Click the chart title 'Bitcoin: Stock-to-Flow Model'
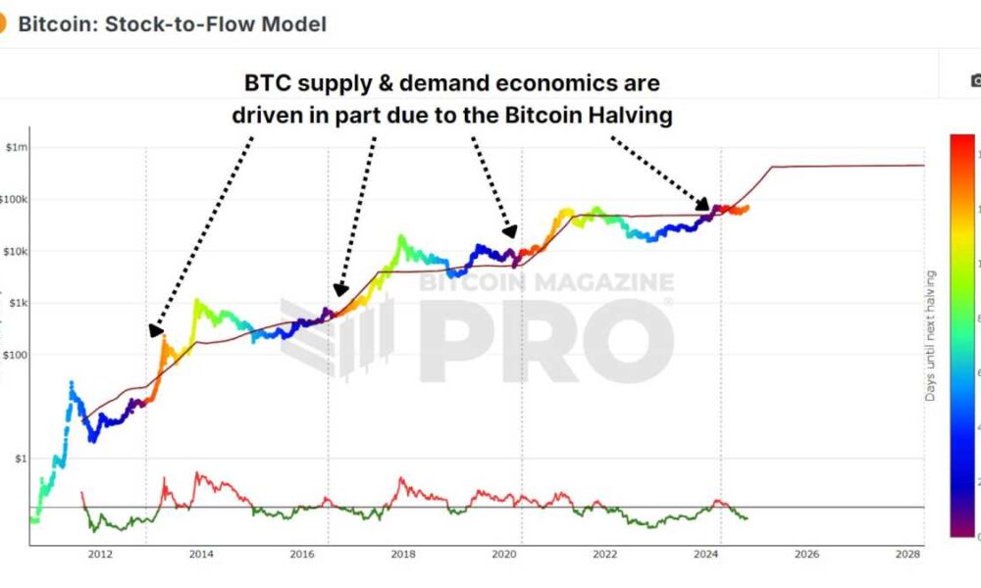(x=172, y=23)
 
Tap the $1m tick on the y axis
(x=17, y=147)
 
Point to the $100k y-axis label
(x=14, y=199)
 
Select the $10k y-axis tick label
(x=15, y=251)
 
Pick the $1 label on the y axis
(x=21, y=458)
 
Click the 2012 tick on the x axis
(x=99, y=554)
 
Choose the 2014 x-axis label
(x=200, y=554)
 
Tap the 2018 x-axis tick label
(x=402, y=554)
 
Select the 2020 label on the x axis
(x=503, y=554)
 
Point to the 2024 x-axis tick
(x=705, y=554)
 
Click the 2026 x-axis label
(x=806, y=554)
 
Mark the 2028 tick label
(x=907, y=554)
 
